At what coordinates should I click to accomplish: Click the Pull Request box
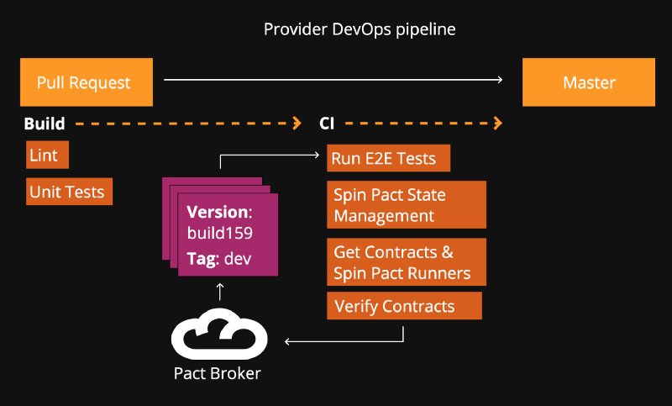(x=86, y=82)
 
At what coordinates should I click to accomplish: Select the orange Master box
(x=588, y=82)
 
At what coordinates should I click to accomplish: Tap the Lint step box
(x=47, y=156)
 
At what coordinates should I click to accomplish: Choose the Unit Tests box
(x=68, y=192)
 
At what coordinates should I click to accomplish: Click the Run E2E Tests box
(x=387, y=157)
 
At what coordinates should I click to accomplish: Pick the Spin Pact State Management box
(x=407, y=205)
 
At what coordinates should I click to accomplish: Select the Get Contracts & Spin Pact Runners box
(x=407, y=262)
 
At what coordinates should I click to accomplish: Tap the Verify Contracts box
(x=404, y=306)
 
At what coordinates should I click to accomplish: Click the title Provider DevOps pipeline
(x=360, y=29)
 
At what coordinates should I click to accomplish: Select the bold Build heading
(x=45, y=124)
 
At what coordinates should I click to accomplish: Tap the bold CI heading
(x=327, y=124)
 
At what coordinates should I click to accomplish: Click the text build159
(x=220, y=233)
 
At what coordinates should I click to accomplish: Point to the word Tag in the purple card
(x=202, y=259)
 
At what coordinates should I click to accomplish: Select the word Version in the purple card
(x=218, y=212)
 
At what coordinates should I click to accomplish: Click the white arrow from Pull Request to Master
(x=333, y=80)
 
